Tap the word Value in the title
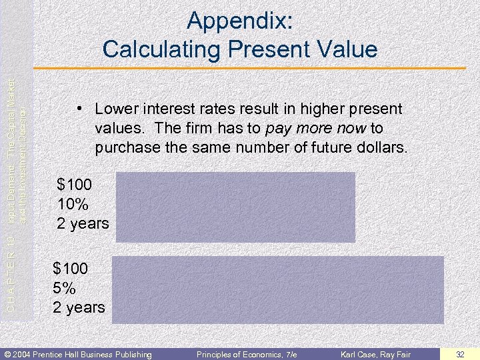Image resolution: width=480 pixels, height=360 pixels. pos(346,49)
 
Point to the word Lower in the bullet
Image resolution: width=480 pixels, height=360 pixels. pos(117,108)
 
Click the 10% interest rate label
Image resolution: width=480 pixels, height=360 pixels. pos(73,203)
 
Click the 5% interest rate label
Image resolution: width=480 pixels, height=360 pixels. pos(65,288)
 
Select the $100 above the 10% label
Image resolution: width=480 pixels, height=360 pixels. pos(76,183)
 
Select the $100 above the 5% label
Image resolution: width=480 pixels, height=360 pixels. pos(71,269)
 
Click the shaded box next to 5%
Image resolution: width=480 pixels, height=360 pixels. pos(277,290)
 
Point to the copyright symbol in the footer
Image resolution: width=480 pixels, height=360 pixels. pos(7,353)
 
